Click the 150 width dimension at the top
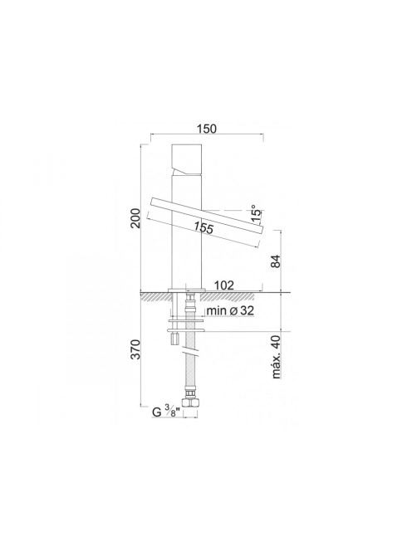207,129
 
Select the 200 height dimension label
135,218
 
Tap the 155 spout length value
204,227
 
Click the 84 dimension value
277,261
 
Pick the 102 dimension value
224,285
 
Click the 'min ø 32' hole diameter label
230,310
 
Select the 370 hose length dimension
135,349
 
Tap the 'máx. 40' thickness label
277,357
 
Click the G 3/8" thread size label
166,411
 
